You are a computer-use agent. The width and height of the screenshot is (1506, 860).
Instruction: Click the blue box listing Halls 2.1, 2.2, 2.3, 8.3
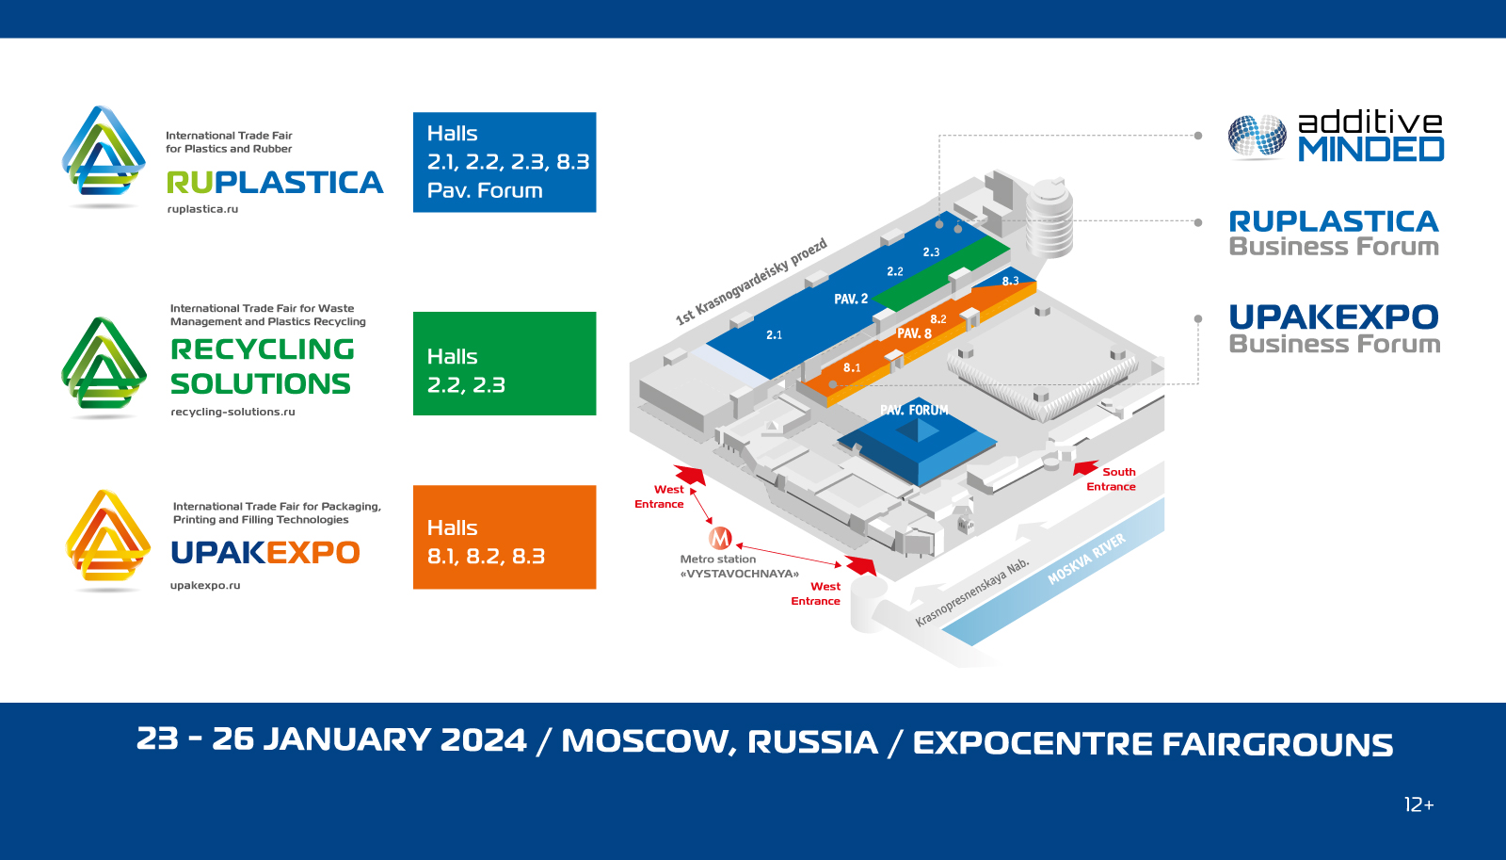505,162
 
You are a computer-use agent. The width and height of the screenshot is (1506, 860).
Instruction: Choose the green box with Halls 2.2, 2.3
505,364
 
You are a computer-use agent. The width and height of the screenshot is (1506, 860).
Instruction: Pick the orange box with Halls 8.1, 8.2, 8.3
505,537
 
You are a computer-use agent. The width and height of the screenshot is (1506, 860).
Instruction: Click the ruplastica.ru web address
202,209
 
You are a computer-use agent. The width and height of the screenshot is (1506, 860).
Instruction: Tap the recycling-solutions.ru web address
232,412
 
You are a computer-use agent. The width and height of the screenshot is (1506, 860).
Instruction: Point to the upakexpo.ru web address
205,586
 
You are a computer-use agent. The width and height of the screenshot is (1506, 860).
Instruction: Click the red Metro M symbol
720,538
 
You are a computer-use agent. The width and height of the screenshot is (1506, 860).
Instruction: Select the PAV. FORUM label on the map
914,410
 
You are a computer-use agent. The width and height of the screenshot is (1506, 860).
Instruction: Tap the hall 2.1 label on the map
774,334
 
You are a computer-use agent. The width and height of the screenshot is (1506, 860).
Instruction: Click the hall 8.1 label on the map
852,367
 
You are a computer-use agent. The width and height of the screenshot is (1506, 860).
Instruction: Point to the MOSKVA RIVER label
1086,559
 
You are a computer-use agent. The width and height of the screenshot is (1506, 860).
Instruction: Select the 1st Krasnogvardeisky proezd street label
751,282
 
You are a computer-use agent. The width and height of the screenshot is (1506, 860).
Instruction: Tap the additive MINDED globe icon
1257,137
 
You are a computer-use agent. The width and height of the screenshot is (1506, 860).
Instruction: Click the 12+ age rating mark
1418,804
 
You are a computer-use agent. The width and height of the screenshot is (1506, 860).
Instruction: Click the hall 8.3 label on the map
1011,281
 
